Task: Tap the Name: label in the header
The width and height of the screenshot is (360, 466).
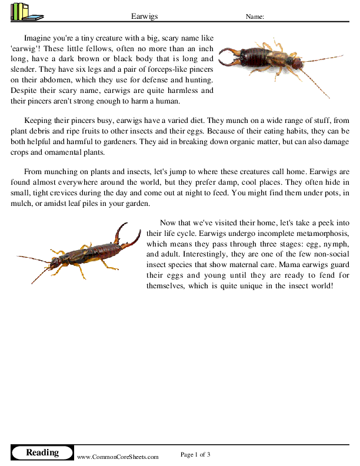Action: click(x=255, y=17)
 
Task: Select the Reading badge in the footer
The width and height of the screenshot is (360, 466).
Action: click(x=42, y=452)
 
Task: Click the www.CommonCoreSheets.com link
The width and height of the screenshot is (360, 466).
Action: click(x=118, y=457)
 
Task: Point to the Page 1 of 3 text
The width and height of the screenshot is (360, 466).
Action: click(x=195, y=454)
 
